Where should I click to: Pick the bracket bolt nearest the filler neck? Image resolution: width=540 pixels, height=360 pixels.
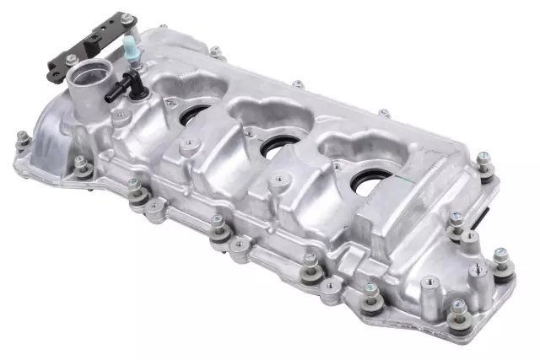pyautogui.click(x=72, y=60)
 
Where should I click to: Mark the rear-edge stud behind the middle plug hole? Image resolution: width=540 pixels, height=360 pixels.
pyautogui.click(x=298, y=84)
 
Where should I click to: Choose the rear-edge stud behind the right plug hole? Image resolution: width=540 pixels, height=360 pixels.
pyautogui.click(x=384, y=112)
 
